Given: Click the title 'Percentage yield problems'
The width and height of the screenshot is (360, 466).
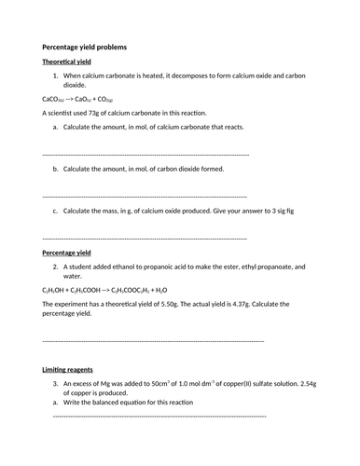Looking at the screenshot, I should (x=86, y=47).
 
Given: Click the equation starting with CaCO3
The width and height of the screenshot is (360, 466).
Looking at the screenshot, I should (x=77, y=98).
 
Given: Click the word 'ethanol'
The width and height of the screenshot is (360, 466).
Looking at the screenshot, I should (x=127, y=267).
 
